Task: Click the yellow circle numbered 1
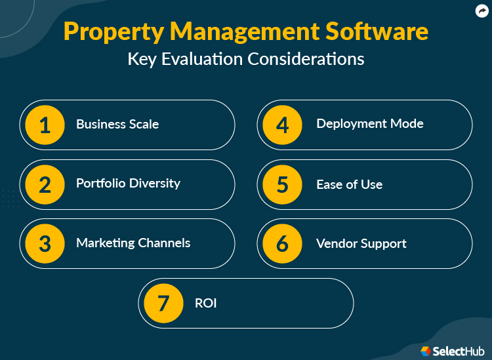[45, 125]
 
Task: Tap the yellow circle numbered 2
[45, 184]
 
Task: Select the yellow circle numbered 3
[45, 243]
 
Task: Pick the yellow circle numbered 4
[282, 125]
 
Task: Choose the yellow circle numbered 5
[282, 184]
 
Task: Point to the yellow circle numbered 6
[282, 243]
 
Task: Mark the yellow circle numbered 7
[163, 304]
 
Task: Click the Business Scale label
[117, 124]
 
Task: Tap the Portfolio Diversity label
[128, 184]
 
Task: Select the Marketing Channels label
[133, 243]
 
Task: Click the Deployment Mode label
[370, 123]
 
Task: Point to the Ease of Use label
[349, 184]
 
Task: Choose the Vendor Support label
[361, 243]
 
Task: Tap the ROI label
[205, 304]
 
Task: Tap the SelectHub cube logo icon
[425, 351]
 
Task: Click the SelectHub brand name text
[458, 351]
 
